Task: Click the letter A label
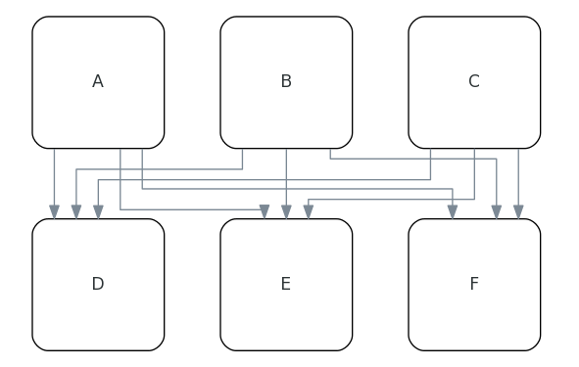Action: [98, 82]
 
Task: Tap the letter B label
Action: [286, 82]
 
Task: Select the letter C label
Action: [474, 82]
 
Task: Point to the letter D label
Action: [98, 285]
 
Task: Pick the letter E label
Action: [286, 285]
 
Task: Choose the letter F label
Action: [474, 285]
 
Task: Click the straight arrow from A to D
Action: [54, 181]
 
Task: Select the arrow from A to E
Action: [196, 209]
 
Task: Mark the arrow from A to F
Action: [294, 189]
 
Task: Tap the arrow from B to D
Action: [157, 169]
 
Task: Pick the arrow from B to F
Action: [411, 159]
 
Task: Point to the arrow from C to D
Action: [265, 179]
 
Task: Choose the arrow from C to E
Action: [392, 200]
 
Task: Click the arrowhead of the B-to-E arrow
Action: [286, 211]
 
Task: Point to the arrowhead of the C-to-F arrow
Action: [518, 211]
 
